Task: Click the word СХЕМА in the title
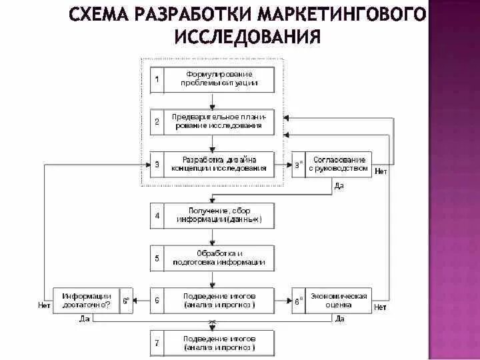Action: [x=101, y=15]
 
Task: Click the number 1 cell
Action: [x=157, y=79]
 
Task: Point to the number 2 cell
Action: [x=157, y=121]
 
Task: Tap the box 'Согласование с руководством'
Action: [x=338, y=164]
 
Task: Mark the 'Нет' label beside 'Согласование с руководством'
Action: [x=381, y=172]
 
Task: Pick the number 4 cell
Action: [x=157, y=215]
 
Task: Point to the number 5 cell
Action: [x=157, y=257]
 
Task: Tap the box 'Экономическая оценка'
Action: [x=338, y=299]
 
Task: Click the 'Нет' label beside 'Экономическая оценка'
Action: [x=381, y=307]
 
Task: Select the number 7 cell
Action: [x=157, y=343]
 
